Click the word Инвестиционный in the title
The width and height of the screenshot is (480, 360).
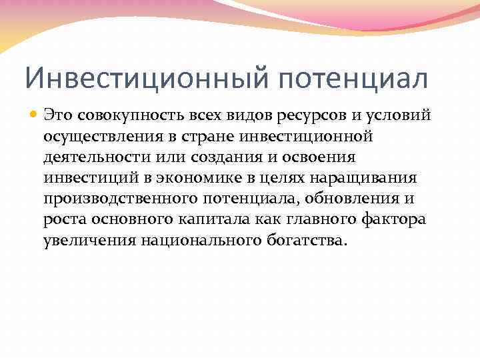143,77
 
